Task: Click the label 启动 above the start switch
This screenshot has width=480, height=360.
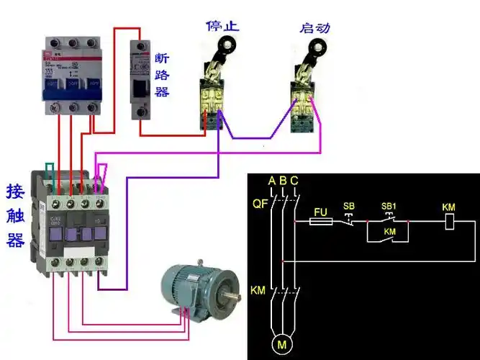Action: (x=315, y=27)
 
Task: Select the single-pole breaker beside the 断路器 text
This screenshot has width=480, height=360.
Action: (x=140, y=79)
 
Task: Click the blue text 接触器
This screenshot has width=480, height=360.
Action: (x=16, y=215)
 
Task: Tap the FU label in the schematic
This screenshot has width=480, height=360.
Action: (x=322, y=212)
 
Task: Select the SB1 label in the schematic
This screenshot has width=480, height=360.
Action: (x=389, y=207)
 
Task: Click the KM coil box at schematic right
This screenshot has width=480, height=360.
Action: (x=448, y=222)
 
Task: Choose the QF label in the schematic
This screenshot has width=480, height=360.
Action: (x=260, y=204)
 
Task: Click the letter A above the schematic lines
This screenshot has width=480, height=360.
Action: (x=271, y=180)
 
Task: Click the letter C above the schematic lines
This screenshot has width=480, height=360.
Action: (x=294, y=180)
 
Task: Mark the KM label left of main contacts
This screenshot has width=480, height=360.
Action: (x=258, y=291)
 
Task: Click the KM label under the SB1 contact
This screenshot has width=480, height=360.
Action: (x=390, y=232)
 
